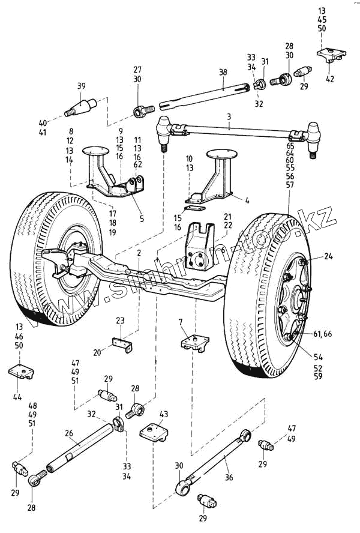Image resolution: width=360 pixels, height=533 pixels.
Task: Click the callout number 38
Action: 223,72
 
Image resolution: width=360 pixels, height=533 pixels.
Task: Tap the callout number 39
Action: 82,86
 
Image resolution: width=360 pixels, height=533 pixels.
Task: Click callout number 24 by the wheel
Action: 328,256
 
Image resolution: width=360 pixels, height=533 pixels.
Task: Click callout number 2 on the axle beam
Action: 139,253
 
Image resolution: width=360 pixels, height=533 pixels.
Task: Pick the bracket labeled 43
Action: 155,432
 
